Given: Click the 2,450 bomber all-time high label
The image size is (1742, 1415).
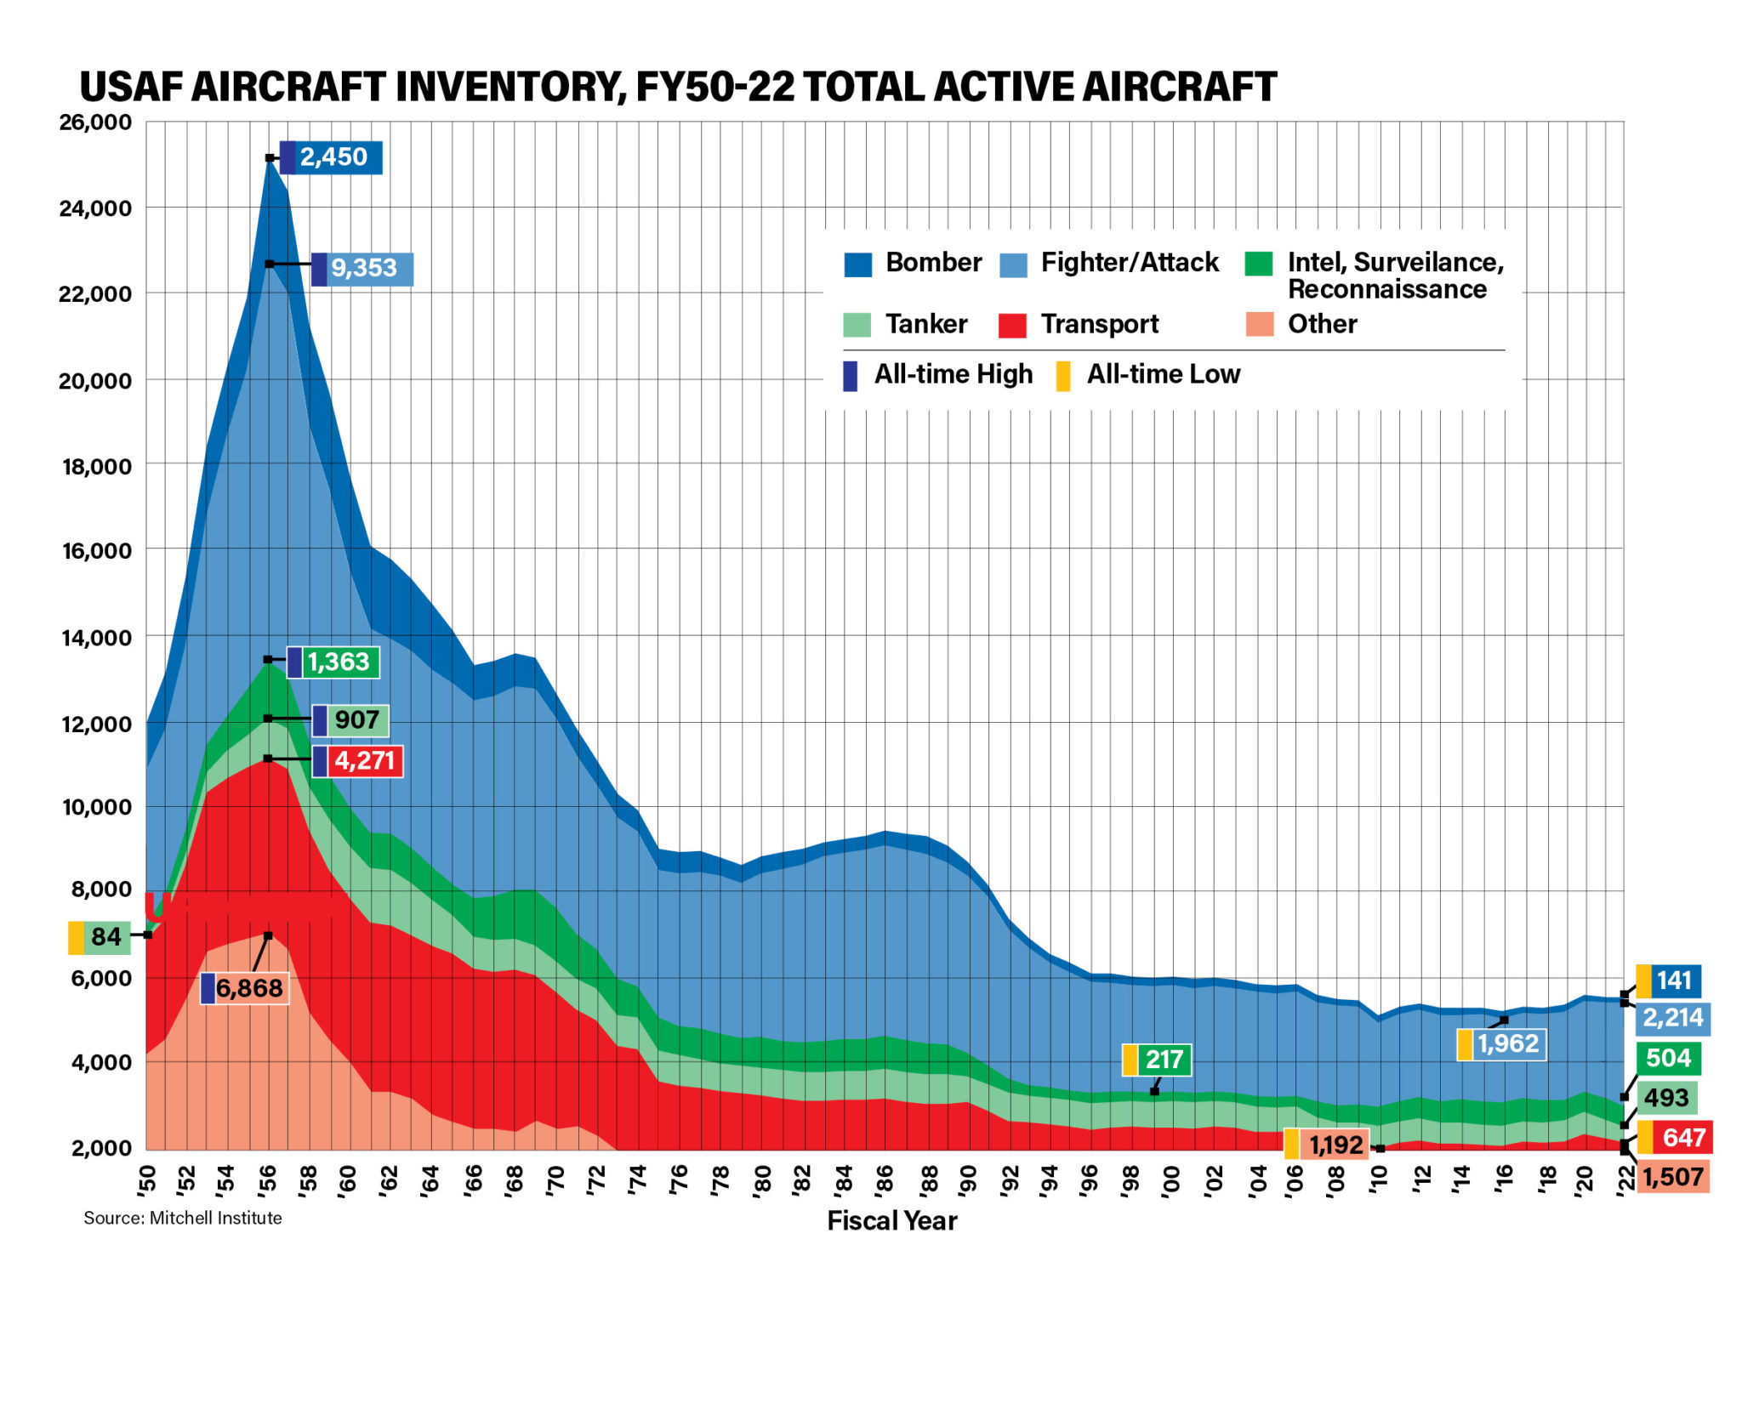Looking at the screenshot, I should click(333, 157).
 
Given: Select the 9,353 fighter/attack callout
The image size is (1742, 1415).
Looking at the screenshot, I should click(363, 268).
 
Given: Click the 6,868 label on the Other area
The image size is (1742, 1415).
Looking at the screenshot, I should click(248, 987).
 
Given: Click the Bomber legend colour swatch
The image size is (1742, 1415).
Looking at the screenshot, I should click(857, 264).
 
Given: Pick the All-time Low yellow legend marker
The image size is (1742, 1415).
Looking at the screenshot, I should click(1062, 375).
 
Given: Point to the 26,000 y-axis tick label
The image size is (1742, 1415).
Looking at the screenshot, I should click(95, 122).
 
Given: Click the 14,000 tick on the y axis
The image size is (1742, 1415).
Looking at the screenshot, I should click(95, 637).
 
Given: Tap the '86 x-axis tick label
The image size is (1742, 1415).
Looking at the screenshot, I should click(885, 1180).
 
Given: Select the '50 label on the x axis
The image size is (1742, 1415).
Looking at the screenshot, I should click(146, 1180).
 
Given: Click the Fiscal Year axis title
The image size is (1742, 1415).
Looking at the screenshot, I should click(891, 1221).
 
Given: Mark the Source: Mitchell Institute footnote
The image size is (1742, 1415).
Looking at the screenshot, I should click(182, 1218).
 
